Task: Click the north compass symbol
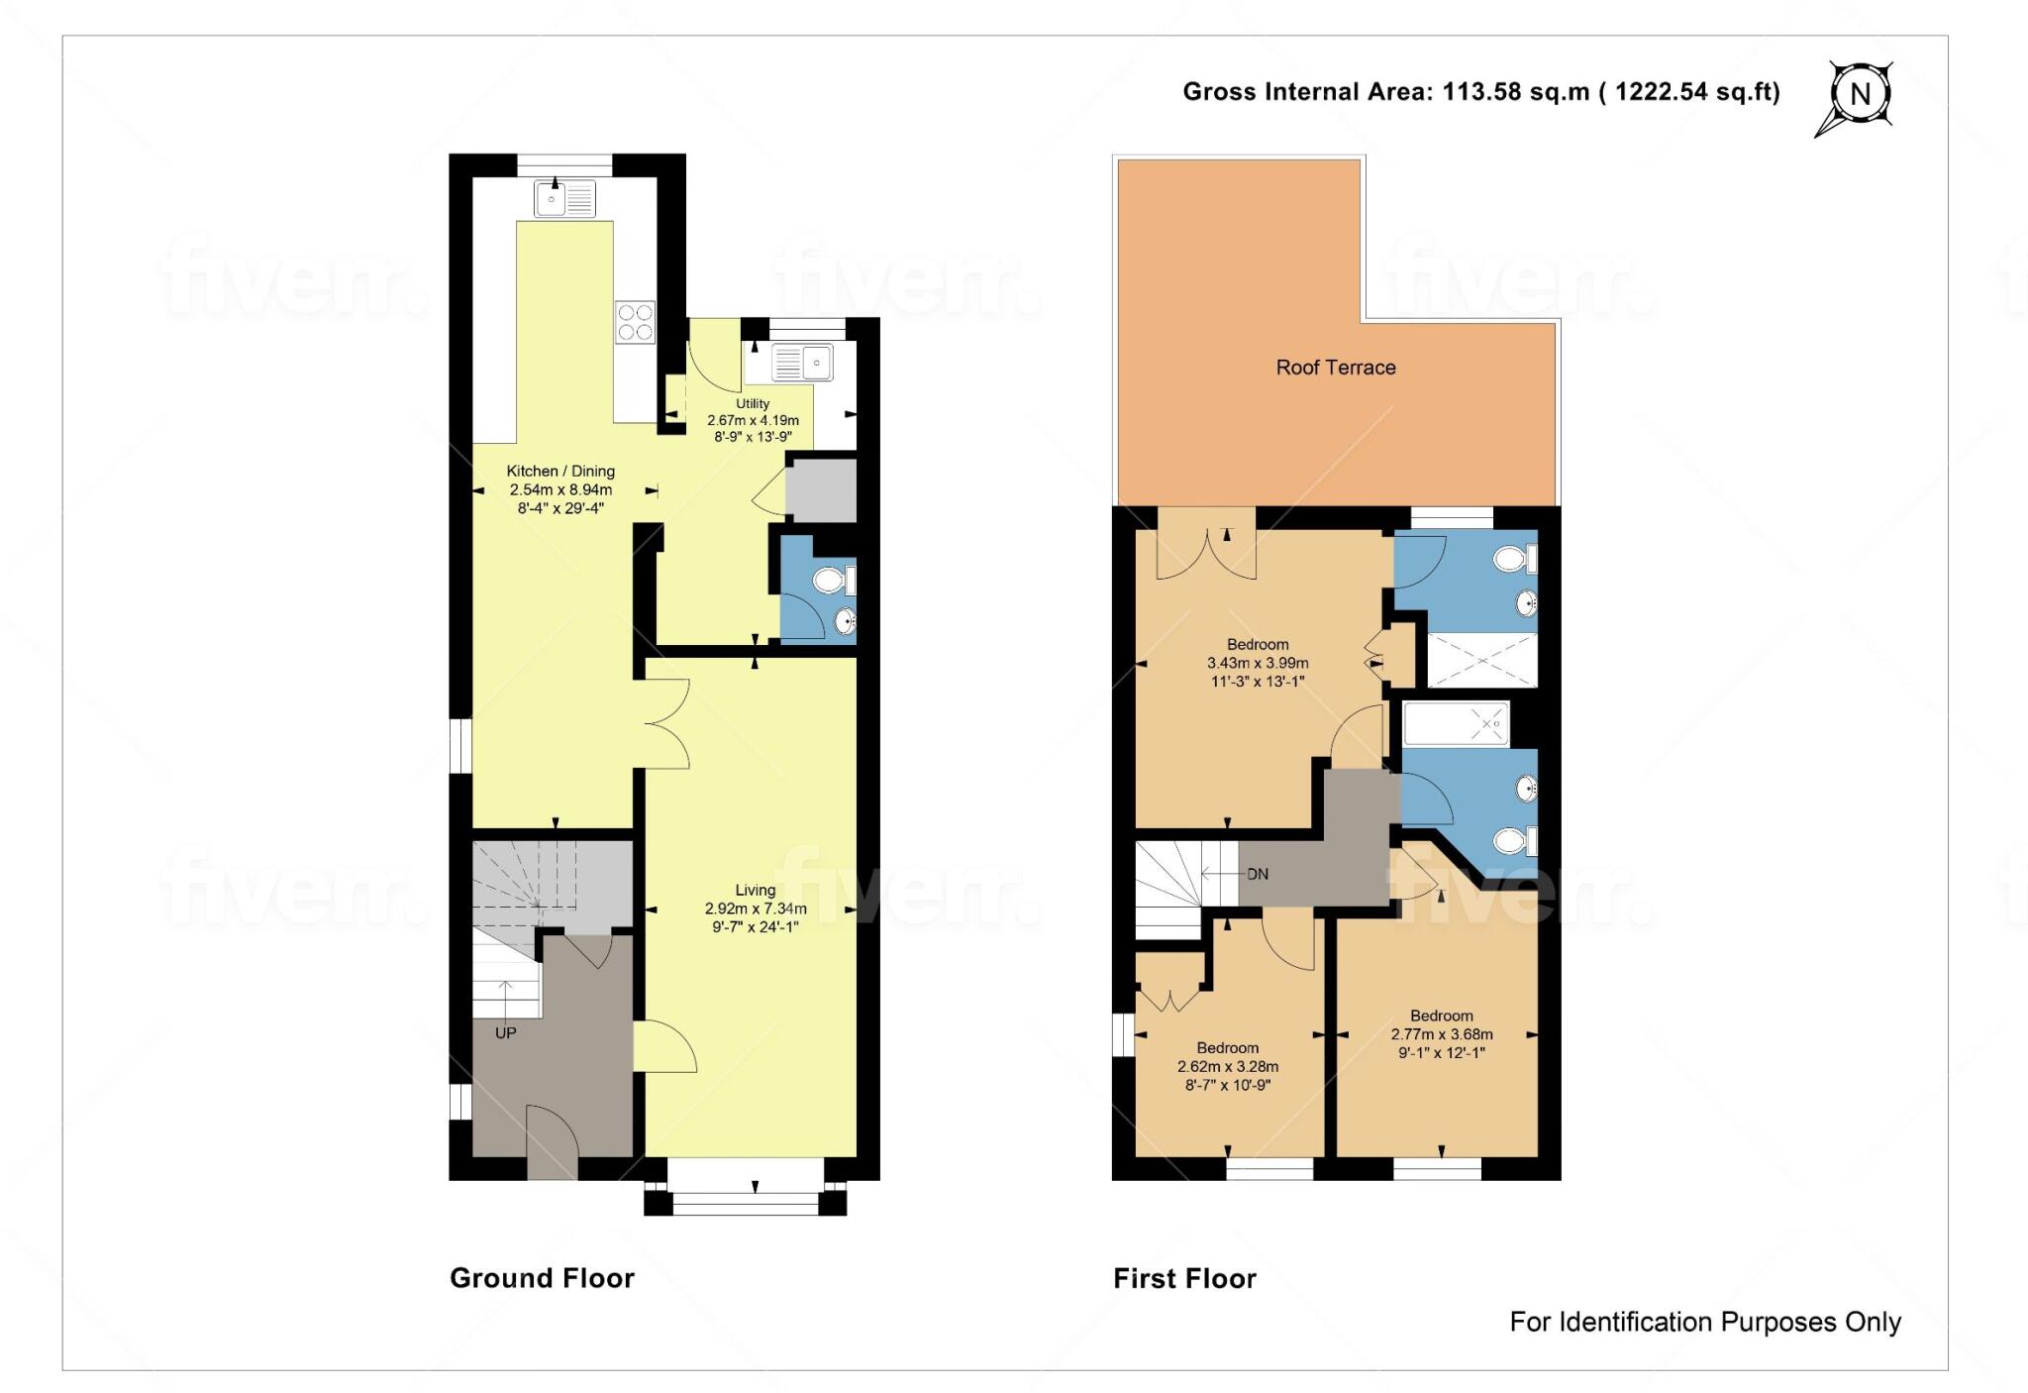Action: point(1859,95)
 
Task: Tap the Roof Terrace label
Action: point(1335,368)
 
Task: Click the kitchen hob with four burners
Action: point(635,322)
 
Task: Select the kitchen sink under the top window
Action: point(564,198)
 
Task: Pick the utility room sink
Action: point(802,363)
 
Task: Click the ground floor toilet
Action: point(830,580)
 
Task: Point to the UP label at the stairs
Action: point(505,1032)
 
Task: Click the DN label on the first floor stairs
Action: point(1257,875)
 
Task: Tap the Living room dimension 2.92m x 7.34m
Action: point(756,909)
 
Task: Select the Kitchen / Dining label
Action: point(560,472)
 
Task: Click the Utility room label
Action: point(753,404)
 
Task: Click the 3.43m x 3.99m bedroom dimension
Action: point(1258,663)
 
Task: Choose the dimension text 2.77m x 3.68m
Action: point(1442,1034)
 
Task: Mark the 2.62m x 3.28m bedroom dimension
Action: point(1228,1067)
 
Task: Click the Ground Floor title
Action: point(542,1278)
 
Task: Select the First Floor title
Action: point(1184,1279)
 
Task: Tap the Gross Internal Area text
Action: point(1480,92)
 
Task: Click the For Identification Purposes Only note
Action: point(1704,1322)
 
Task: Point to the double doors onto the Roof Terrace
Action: point(1206,555)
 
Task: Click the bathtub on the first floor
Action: point(1456,724)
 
